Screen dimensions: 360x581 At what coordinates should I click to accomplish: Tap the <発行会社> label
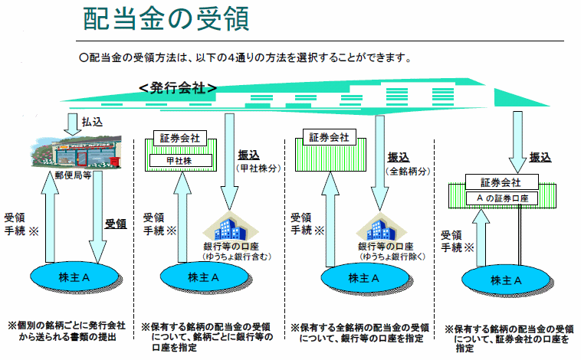(178, 88)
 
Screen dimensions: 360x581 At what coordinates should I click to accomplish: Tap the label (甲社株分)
(257, 167)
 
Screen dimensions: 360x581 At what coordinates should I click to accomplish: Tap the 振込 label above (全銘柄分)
(399, 156)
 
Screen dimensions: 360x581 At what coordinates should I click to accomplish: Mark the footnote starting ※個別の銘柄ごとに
(66, 330)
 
